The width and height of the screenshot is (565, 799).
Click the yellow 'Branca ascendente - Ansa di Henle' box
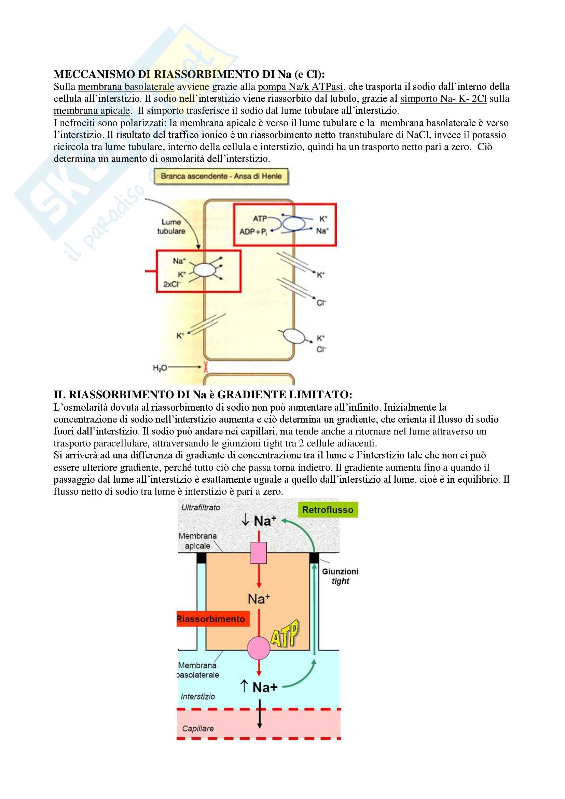tap(221, 176)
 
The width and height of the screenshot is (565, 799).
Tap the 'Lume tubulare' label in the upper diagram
tap(171, 226)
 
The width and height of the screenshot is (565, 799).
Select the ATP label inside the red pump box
tap(260, 219)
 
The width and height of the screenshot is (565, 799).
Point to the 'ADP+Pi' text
tap(253, 232)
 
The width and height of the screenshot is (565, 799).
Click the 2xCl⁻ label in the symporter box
tap(172, 284)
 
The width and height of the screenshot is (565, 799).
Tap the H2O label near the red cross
tap(160, 368)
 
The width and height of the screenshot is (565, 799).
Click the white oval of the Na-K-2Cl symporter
tap(205, 270)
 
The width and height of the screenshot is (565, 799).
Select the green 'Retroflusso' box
tap(327, 510)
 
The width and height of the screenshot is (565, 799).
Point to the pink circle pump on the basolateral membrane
tap(259, 648)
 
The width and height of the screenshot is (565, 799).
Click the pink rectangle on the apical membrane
tap(259, 553)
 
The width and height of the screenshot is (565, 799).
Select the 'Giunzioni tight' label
tap(340, 576)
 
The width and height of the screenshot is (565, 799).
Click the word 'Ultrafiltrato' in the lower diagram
tap(201, 508)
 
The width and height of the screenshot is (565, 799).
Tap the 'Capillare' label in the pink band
tap(197, 728)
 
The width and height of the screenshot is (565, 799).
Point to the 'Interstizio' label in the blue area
tap(197, 696)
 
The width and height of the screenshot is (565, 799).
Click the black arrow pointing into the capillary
tap(260, 714)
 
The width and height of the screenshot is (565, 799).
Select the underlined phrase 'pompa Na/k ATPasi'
tap(300, 87)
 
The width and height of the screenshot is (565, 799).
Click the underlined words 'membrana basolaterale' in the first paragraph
tap(126, 87)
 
